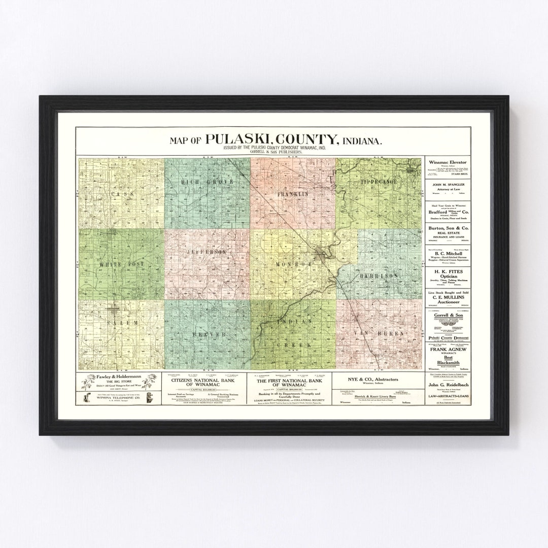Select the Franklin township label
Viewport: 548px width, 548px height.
[x=293, y=194]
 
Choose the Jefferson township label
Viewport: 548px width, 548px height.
[x=205, y=252]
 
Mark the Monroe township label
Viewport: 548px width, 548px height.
[x=292, y=264]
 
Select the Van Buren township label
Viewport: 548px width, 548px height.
[x=380, y=334]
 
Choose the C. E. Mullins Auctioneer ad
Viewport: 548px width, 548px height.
[x=448, y=298]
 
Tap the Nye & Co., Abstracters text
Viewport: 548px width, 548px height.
[x=376, y=380]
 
